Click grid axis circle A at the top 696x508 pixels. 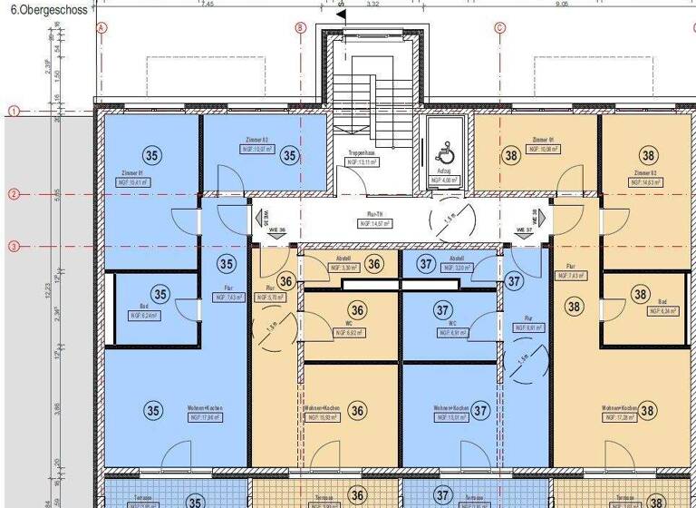click(x=101, y=28)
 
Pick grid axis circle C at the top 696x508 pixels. click(x=498, y=28)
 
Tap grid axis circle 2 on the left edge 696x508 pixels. click(x=14, y=194)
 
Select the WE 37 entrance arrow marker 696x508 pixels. click(x=534, y=219)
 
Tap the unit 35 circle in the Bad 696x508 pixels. click(x=160, y=294)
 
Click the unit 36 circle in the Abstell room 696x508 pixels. click(x=374, y=264)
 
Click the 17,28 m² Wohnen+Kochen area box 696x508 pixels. click(x=618, y=418)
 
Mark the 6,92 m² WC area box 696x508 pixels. click(x=348, y=333)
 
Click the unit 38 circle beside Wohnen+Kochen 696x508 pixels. click(x=646, y=411)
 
